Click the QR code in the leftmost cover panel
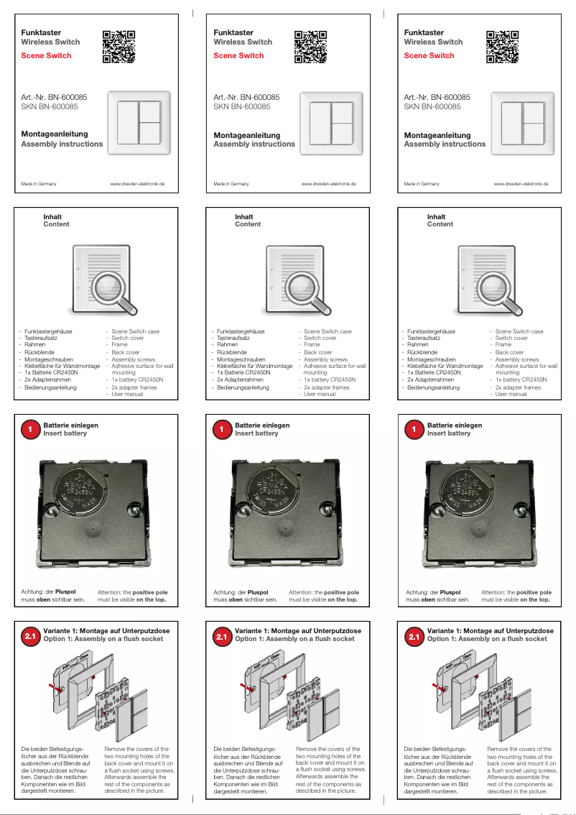coord(119,47)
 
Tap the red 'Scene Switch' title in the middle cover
coord(238,55)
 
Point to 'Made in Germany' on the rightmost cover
coord(422,184)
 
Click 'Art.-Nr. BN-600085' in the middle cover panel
coord(246,97)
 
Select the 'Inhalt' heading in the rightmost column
coord(436,216)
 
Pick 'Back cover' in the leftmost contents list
coord(126,352)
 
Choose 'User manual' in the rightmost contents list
coord(511,394)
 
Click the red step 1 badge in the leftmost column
coord(30,430)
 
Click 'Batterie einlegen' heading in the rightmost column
coord(455,425)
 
